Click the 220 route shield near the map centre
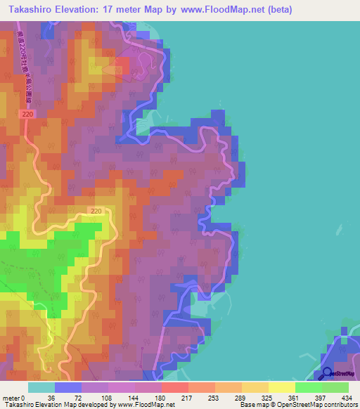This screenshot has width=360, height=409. pos(96,210)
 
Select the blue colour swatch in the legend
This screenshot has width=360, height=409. pos(67,387)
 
